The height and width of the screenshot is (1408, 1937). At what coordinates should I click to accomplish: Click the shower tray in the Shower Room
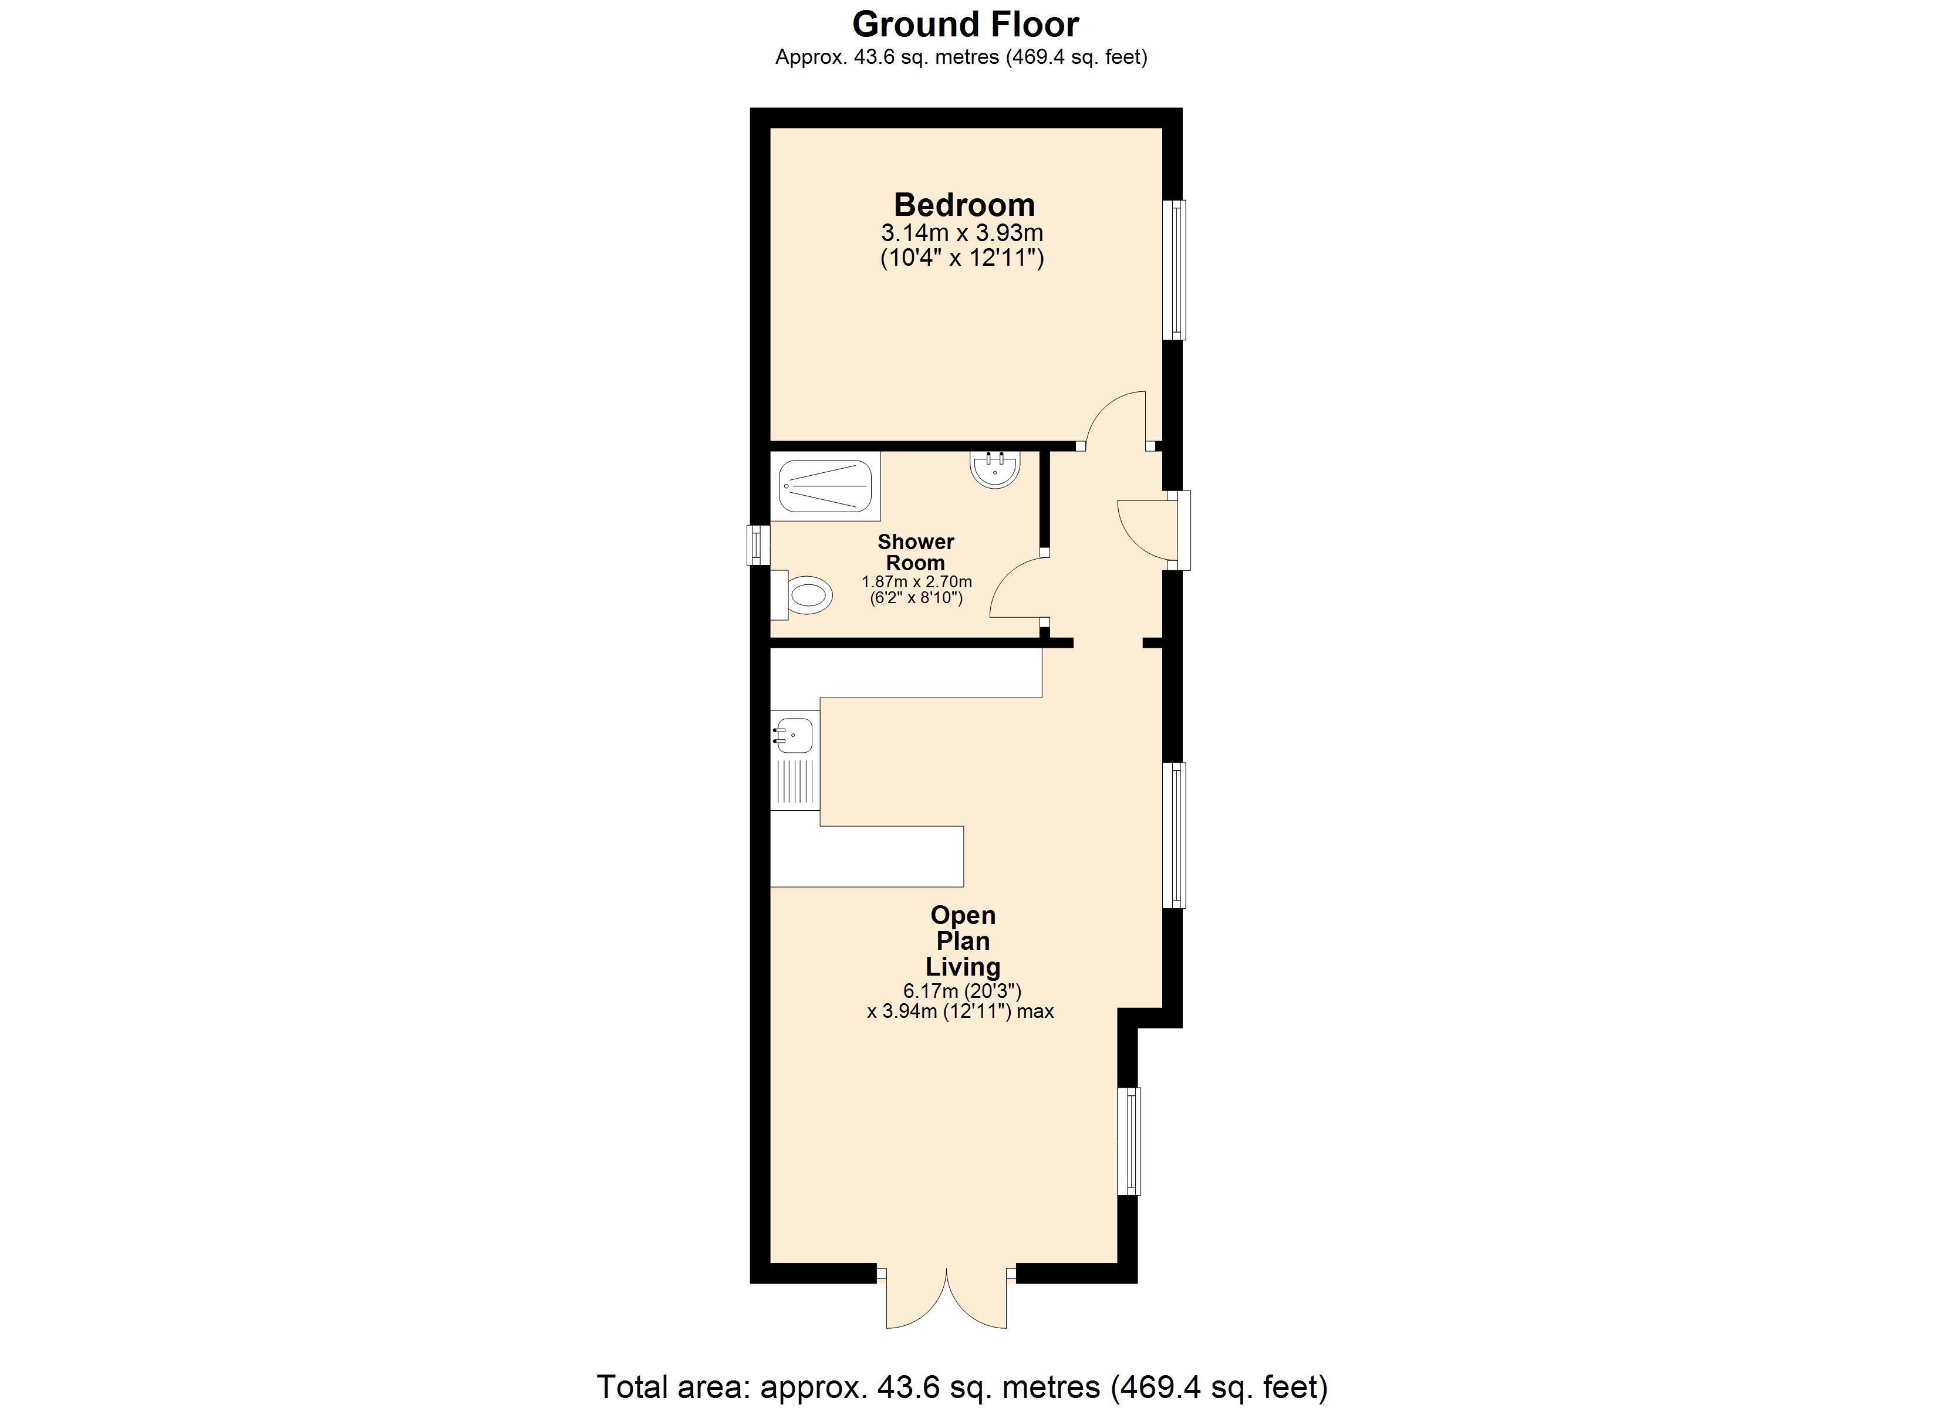[825, 485]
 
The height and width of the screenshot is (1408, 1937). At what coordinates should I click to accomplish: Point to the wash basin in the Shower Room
[995, 469]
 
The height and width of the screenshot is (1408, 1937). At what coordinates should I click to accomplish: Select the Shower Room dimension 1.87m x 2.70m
[916, 581]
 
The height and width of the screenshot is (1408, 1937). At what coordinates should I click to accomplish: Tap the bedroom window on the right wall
[1176, 270]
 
